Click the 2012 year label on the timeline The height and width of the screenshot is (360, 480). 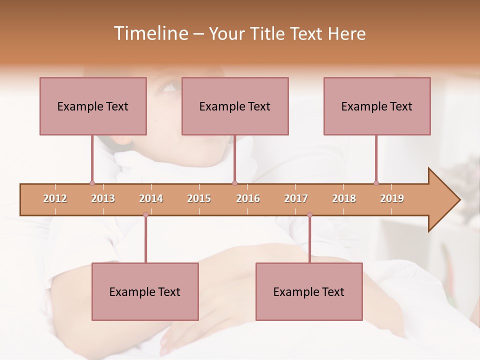pos(55,198)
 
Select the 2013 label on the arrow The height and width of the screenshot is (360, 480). pos(103,198)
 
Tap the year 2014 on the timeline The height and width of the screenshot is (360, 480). pos(151,198)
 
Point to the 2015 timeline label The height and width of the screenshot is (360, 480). pos(199,198)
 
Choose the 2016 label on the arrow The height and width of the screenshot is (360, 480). pos(248,198)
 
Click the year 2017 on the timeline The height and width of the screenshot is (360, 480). pos(296,198)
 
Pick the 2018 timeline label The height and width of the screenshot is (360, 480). pos(344,198)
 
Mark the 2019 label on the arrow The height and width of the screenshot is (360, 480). pos(392,198)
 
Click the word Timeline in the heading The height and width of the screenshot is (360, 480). pos(150,33)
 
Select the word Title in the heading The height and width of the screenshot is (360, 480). pos(268,33)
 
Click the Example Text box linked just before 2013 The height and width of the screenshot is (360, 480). pos(93,106)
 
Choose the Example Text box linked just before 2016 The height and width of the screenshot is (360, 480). pos(235,106)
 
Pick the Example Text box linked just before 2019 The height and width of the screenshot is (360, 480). pos(377,106)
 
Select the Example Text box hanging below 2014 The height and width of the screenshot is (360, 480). pos(145,291)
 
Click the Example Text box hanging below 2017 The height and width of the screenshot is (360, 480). pos(309,291)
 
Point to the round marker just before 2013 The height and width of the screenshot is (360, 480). pos(92,183)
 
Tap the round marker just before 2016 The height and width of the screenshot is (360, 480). pos(234,183)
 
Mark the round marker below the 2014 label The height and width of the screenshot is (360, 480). pos(145,215)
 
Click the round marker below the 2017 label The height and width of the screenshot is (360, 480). pos(309,215)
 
